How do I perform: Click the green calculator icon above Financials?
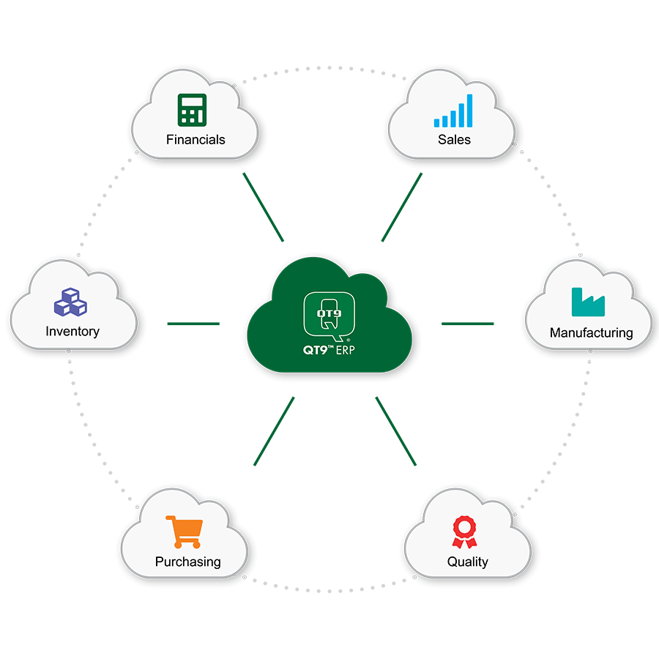(x=192, y=110)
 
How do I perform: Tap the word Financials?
(x=196, y=140)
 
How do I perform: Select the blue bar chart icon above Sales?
(x=453, y=111)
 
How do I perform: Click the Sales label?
(x=454, y=140)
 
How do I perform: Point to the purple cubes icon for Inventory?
(x=70, y=302)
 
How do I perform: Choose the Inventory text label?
(x=72, y=332)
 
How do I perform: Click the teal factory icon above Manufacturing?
(x=588, y=302)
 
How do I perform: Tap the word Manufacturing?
(x=592, y=333)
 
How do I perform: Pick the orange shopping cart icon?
(x=184, y=532)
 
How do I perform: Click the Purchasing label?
(x=188, y=562)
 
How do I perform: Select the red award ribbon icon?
(x=464, y=532)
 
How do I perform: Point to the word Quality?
(x=468, y=562)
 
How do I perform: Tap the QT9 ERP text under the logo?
(x=329, y=350)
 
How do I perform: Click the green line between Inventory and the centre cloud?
(x=193, y=324)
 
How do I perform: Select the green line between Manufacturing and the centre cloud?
(x=467, y=324)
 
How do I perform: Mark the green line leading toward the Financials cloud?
(x=264, y=207)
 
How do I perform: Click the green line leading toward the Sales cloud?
(x=402, y=207)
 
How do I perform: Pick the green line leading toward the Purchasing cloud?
(x=274, y=431)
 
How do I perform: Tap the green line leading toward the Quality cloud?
(x=396, y=431)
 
